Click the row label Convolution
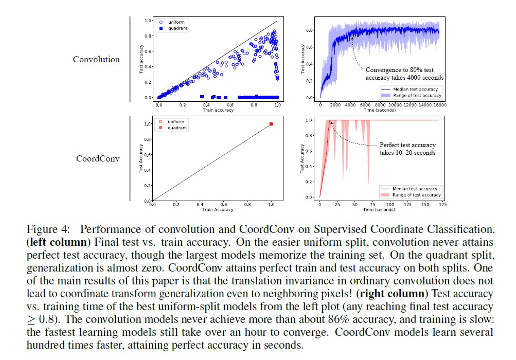(96, 59)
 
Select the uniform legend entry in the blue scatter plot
(173, 22)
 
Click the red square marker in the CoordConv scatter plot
(271, 124)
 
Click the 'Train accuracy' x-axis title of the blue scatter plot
(218, 111)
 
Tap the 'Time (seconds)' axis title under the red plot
(379, 210)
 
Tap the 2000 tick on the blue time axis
(335, 104)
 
